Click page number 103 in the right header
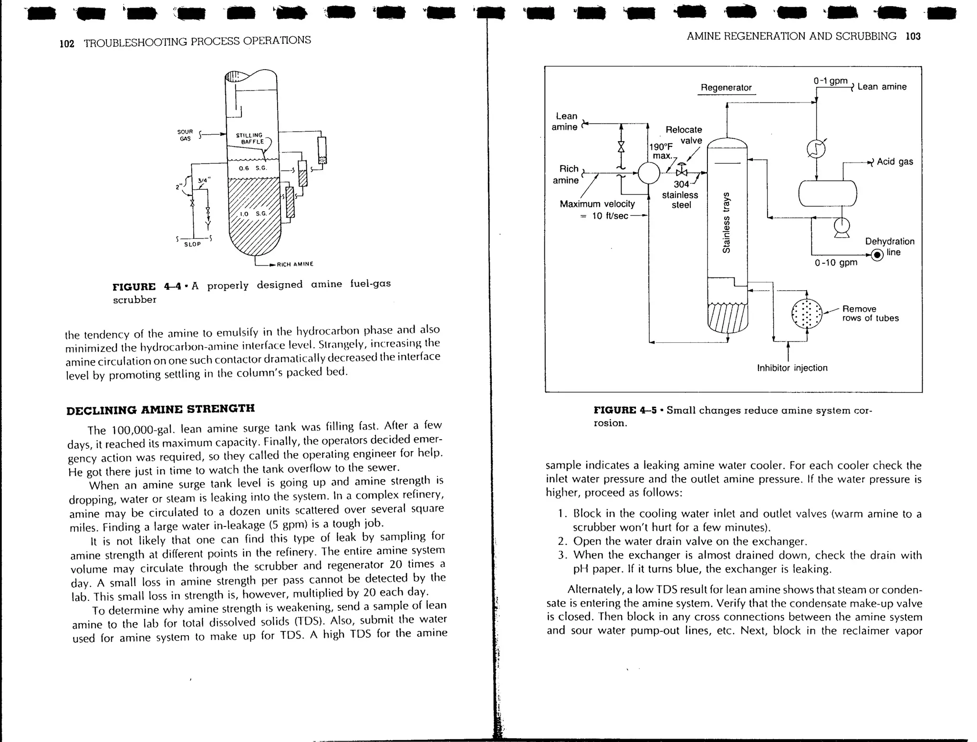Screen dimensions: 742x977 tap(913, 36)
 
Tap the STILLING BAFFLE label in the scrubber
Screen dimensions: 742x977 tap(249, 138)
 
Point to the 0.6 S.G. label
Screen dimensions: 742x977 tap(252, 168)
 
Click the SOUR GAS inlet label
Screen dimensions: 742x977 tap(185, 135)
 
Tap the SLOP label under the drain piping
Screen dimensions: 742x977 tap(192, 244)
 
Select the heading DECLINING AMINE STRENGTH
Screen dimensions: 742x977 tap(160, 410)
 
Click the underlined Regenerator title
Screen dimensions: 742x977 tap(726, 88)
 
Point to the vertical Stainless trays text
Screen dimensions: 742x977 tap(726, 222)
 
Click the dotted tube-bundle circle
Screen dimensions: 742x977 tap(807, 314)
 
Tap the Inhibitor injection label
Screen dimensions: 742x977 tap(792, 368)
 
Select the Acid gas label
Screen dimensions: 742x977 tap(894, 162)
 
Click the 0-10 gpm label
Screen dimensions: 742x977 tap(836, 263)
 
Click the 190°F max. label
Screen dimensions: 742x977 tap(661, 151)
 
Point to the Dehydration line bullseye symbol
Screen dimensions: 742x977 tap(877, 255)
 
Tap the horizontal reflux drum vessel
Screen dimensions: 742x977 tap(828, 193)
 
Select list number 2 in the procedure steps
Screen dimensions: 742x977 tap(562, 541)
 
